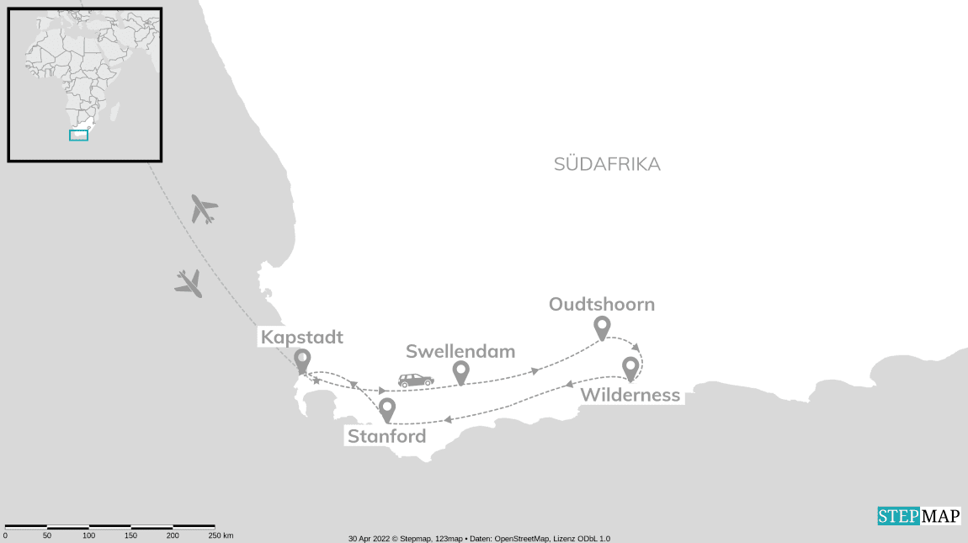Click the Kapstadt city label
[301, 338]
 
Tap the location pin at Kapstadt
[302, 360]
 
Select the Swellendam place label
[460, 352]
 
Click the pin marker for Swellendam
[460, 371]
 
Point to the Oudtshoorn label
[601, 305]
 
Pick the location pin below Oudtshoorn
[602, 327]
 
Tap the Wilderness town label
[630, 396]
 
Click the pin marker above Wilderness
[630, 368]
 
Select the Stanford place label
[386, 437]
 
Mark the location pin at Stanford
[387, 408]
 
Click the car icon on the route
[416, 381]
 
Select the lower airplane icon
[189, 283]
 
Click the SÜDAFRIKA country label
[607, 164]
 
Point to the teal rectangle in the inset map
[78, 135]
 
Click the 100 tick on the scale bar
[88, 535]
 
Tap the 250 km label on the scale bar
[221, 535]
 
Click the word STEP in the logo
[898, 516]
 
